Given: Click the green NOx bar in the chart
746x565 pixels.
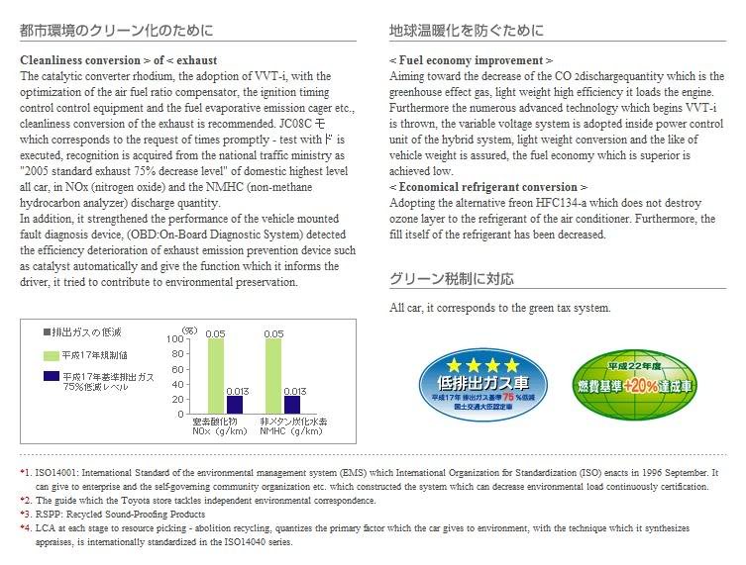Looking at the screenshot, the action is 216,375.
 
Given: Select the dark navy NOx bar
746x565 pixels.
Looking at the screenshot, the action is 235,404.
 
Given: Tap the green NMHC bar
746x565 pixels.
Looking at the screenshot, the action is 272,375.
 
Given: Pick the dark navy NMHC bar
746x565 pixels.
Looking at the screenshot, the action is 291,404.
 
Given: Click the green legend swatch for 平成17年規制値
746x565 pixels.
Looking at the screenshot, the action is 51,354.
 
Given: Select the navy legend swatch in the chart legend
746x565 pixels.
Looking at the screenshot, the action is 51,377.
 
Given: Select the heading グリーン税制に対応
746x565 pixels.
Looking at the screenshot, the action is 452,279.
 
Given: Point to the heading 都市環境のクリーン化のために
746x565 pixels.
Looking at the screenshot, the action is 116,31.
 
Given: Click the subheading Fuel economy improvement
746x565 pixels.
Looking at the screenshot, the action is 471,60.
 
